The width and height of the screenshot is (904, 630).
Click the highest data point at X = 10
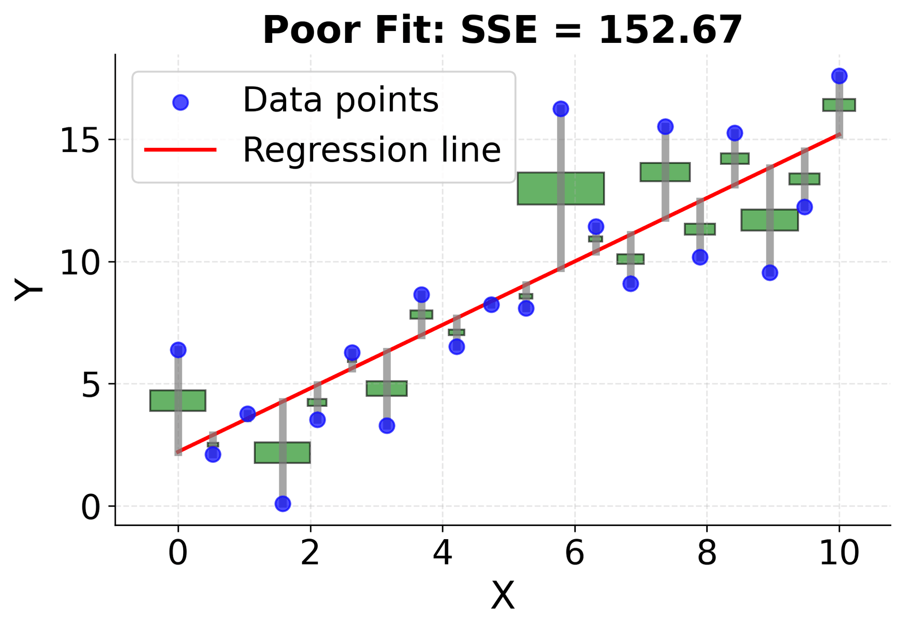pos(839,76)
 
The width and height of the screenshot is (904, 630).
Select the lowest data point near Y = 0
pos(282,504)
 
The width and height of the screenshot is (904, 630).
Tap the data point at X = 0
pos(178,350)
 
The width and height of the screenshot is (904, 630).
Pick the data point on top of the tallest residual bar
pos(560,109)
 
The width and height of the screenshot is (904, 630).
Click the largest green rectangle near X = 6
pos(560,188)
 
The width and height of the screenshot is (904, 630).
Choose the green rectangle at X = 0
pos(178,401)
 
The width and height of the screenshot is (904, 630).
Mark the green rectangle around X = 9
pos(769,220)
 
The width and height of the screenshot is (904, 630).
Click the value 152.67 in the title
pos(670,30)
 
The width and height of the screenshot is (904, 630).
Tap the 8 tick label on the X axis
pos(707,553)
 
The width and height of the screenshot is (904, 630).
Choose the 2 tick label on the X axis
pos(310,553)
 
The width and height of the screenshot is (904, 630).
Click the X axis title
pos(503,596)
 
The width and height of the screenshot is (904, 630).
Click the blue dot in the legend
pos(180,102)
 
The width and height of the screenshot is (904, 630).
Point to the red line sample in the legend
pos(180,150)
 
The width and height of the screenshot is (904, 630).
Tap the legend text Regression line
pos(371,150)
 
